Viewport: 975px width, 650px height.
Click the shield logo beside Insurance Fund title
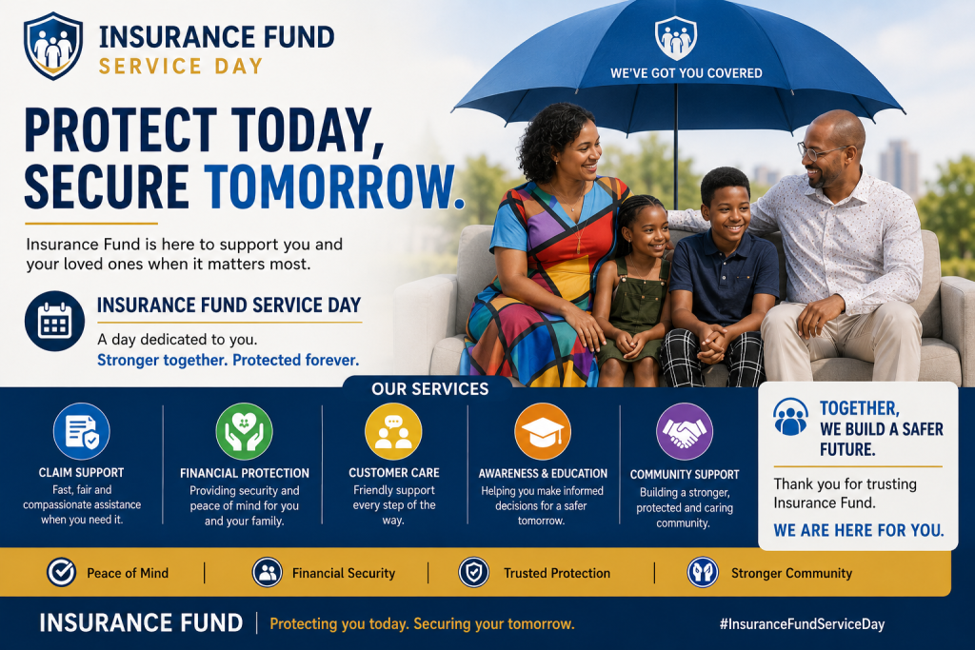pyautogui.click(x=53, y=46)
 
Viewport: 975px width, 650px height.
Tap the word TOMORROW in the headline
pyautogui.click(x=334, y=187)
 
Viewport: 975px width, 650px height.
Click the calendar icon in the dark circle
pyautogui.click(x=54, y=322)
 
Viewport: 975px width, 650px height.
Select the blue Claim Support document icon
pyautogui.click(x=82, y=431)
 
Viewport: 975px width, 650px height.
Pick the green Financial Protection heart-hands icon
pyautogui.click(x=245, y=431)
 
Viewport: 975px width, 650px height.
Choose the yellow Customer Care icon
pyautogui.click(x=393, y=431)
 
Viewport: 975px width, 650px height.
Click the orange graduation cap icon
pyautogui.click(x=543, y=431)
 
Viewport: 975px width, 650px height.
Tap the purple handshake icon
pyautogui.click(x=685, y=431)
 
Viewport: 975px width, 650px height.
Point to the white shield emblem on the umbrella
pyautogui.click(x=676, y=38)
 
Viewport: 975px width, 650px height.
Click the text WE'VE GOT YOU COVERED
pyautogui.click(x=686, y=73)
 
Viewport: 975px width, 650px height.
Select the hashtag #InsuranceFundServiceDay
pyautogui.click(x=802, y=624)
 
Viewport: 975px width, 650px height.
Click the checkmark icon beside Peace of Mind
pyautogui.click(x=62, y=572)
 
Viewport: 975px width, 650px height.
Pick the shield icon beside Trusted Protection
pyautogui.click(x=474, y=572)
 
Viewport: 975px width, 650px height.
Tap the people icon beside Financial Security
pyautogui.click(x=268, y=572)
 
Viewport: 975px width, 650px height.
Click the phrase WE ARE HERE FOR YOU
pyautogui.click(x=859, y=530)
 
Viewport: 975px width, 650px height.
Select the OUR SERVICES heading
pyautogui.click(x=430, y=389)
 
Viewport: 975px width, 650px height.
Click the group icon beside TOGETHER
pyautogui.click(x=791, y=417)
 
